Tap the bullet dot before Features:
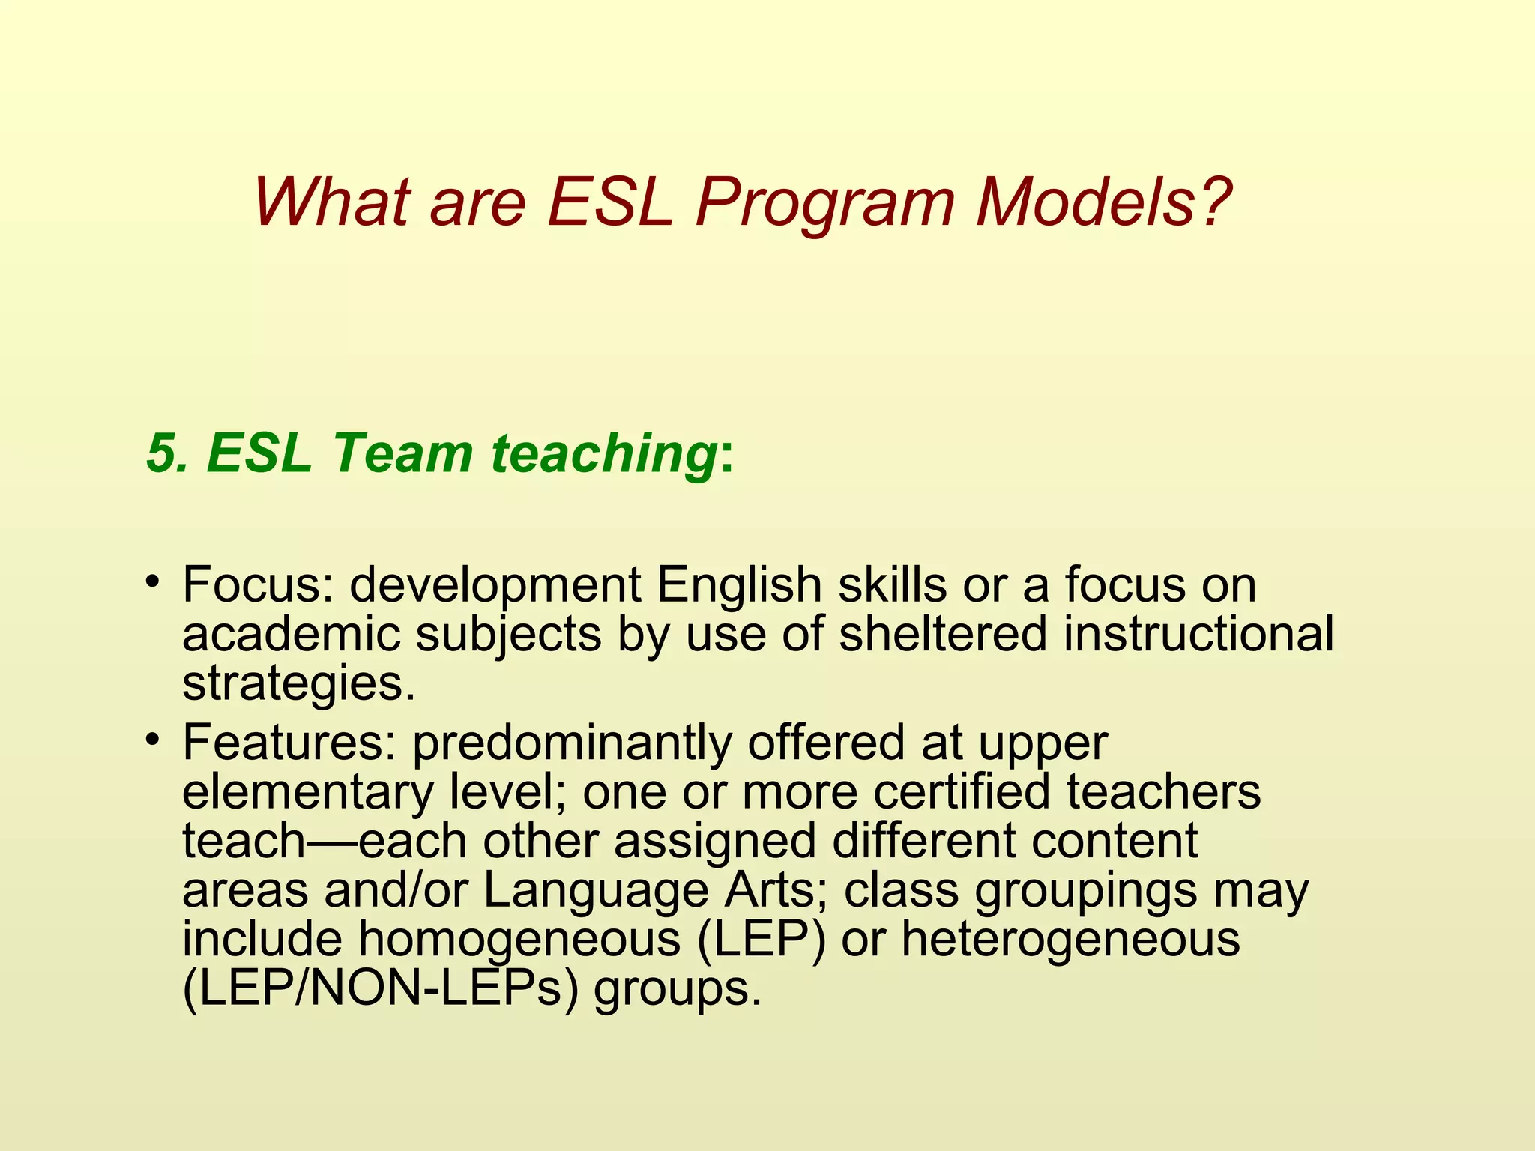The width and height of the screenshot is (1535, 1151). tap(154, 739)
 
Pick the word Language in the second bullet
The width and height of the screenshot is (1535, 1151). tap(596, 891)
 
